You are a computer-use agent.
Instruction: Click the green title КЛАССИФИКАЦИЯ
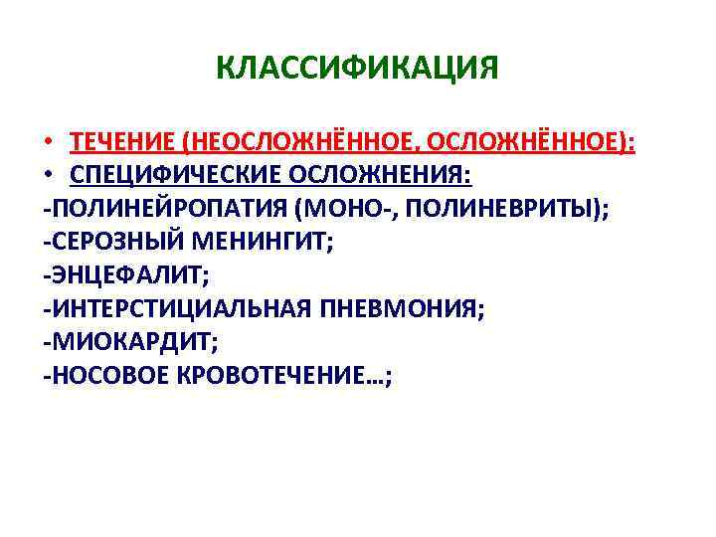click(357, 69)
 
